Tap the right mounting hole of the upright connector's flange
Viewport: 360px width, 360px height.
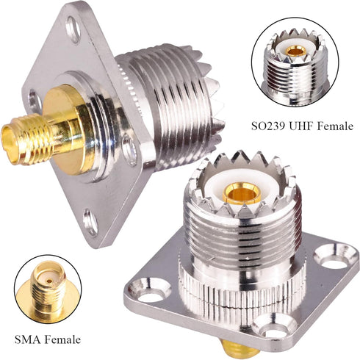click(x=336, y=259)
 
